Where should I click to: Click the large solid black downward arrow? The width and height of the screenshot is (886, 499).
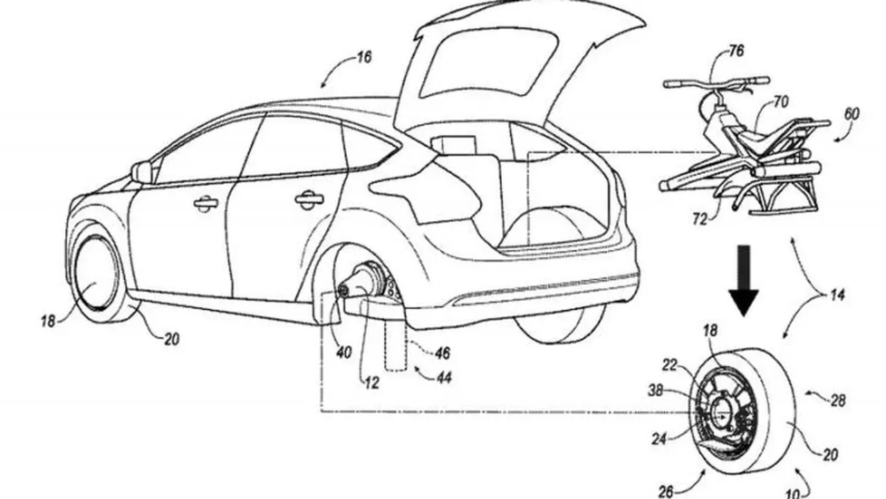744,281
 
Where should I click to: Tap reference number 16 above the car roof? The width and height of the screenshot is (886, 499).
364,58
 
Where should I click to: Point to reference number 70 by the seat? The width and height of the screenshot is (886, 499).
780,102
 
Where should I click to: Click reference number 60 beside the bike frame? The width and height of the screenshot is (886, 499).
851,114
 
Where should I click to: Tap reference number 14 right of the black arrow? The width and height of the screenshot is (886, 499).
837,295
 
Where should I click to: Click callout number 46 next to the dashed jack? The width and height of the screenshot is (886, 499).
442,353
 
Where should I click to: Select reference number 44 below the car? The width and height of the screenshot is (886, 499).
444,378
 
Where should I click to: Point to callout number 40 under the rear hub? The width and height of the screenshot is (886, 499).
343,352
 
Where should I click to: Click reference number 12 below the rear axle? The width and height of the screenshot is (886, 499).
372,383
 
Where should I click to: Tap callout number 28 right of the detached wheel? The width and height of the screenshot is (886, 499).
838,401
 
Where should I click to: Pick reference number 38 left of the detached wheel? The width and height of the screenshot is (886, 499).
655,391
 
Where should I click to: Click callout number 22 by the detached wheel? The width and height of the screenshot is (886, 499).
670,365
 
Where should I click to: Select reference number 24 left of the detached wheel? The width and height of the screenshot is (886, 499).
659,439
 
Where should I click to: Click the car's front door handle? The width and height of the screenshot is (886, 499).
206,204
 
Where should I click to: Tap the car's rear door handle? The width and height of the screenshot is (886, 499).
309,200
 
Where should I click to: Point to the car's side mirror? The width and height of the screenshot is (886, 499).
143,173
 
